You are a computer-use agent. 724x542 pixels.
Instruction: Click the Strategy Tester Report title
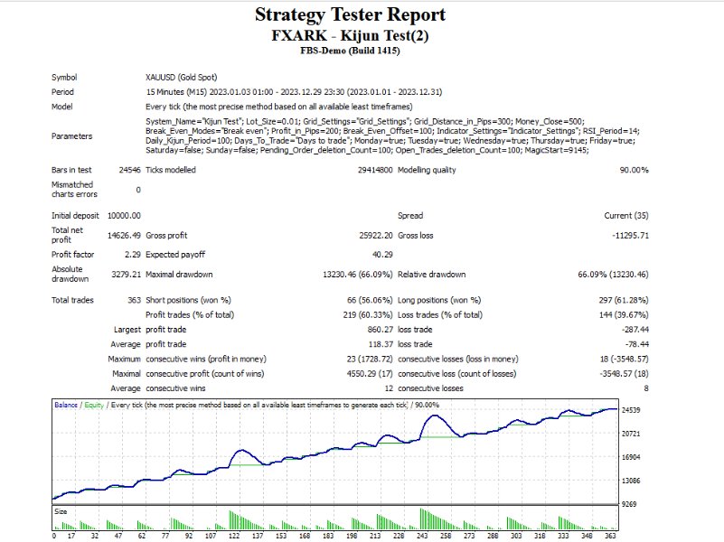click(x=350, y=15)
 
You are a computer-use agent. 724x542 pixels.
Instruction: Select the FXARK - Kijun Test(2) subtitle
click(x=350, y=35)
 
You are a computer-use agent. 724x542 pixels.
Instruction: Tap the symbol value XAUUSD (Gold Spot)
click(x=181, y=77)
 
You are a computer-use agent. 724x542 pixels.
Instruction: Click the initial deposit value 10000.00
click(x=123, y=215)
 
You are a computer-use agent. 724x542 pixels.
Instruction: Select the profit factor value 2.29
click(x=130, y=254)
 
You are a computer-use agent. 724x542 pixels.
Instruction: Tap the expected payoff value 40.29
click(x=379, y=254)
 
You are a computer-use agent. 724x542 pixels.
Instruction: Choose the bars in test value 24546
click(x=128, y=170)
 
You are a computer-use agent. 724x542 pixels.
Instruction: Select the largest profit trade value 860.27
click(x=374, y=331)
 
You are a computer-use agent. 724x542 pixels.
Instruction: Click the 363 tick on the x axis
click(x=611, y=536)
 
